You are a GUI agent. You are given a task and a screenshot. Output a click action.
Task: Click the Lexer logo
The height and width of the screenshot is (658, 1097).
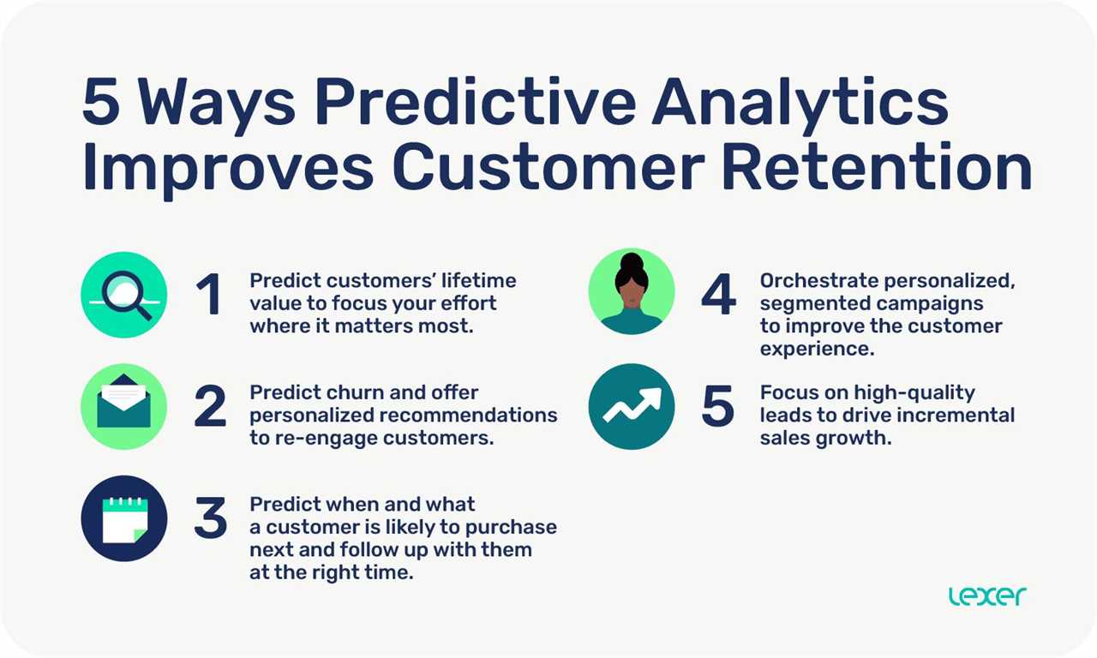pos(987,596)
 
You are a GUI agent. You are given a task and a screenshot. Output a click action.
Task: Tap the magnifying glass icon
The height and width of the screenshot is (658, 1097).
pos(124,296)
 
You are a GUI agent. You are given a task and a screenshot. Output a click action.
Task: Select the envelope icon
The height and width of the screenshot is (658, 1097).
pos(123,406)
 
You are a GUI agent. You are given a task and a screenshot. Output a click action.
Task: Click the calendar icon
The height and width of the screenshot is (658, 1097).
pos(124,518)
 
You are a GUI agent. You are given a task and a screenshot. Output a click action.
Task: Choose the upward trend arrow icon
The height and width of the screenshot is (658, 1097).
pos(632,406)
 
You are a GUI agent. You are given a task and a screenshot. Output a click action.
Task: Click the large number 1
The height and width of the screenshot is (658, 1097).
pos(209,295)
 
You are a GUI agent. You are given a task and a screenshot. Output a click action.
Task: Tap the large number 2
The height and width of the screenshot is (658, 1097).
pos(211,406)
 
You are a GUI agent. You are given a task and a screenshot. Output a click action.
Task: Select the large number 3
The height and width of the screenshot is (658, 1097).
pos(211,518)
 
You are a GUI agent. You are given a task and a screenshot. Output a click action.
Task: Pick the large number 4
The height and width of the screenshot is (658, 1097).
pos(718,295)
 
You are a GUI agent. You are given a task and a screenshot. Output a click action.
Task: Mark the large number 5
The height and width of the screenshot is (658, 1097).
pos(718,406)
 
